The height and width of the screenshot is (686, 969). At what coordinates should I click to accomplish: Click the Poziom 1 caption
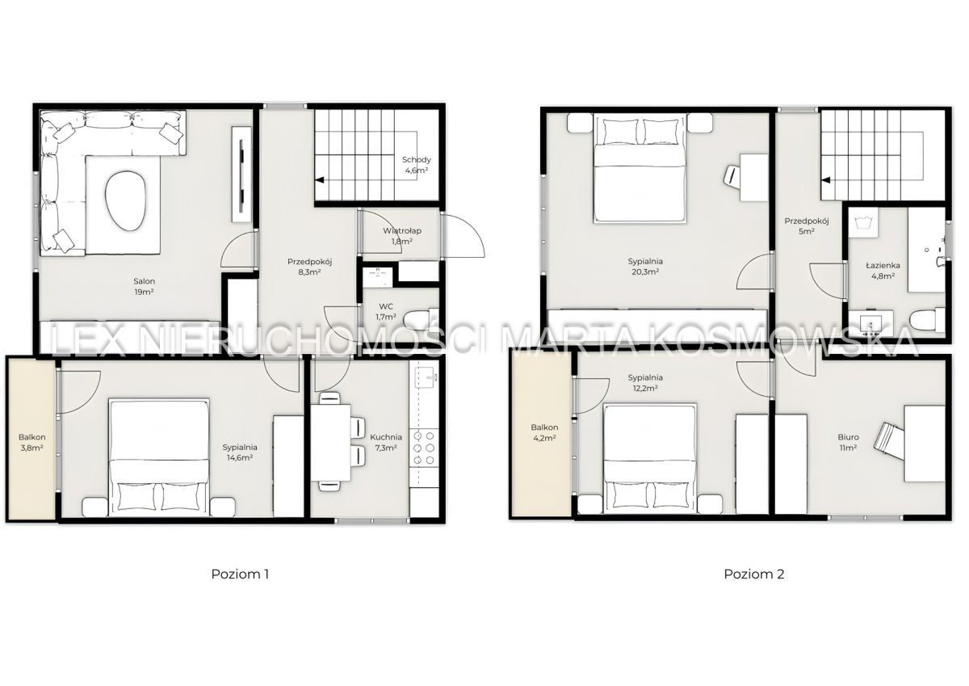point(240,574)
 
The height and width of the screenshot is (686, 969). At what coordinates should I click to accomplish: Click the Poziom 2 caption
point(753,574)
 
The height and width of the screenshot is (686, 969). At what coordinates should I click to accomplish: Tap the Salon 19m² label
point(144,287)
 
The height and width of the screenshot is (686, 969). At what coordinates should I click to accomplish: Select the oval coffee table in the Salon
point(124,203)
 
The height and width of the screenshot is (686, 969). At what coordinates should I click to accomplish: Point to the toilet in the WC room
point(420,319)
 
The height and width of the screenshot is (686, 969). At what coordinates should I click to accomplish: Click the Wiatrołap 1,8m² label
point(402,236)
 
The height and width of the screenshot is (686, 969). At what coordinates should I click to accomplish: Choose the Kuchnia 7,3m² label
point(386,442)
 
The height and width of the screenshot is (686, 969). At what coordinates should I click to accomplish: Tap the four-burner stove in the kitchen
point(425,448)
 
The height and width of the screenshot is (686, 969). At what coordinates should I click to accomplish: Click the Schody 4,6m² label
point(416,165)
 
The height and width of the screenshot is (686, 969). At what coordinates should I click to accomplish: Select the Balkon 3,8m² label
point(32,442)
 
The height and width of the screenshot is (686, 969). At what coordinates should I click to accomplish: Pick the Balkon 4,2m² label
point(544,432)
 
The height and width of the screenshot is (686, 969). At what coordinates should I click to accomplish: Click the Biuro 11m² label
point(849,442)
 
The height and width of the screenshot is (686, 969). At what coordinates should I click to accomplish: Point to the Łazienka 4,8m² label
point(883,271)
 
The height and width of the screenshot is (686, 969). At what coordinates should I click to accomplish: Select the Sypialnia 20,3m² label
point(645,266)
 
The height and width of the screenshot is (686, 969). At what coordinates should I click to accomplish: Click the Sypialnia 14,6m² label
point(240,452)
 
